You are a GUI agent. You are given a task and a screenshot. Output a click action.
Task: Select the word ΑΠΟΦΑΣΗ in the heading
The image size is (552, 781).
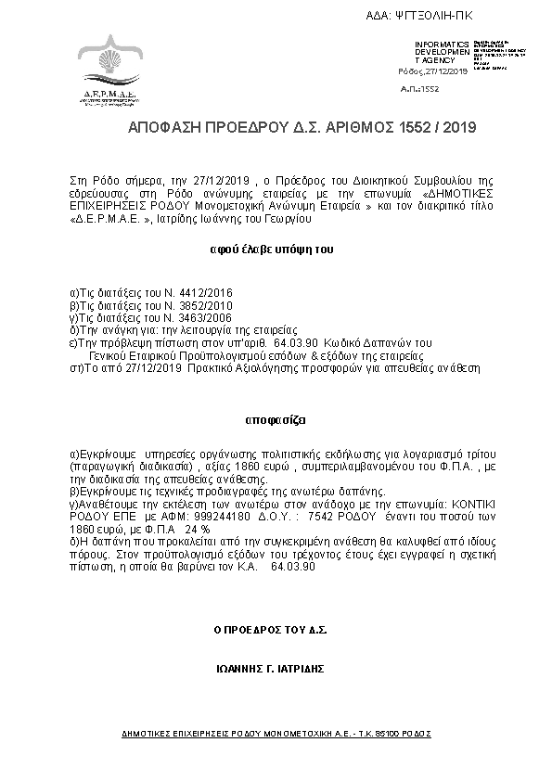[x=163, y=126]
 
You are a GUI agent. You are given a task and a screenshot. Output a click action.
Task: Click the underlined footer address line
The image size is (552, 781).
[x=276, y=733]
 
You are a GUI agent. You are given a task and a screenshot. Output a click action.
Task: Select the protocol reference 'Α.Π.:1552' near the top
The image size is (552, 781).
[x=419, y=89]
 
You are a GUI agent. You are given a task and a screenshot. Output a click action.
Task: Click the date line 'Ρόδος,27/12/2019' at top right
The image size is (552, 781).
[x=435, y=71]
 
